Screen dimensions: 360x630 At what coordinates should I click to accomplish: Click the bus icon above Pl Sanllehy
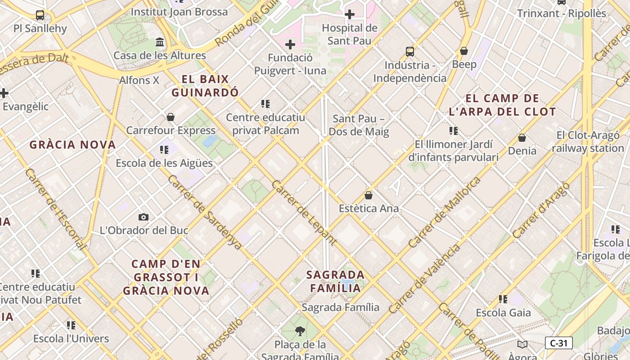pos(40,15)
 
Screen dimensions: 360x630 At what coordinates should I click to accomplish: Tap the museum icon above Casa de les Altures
pos(160,42)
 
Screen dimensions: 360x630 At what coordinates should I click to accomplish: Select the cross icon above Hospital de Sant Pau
pos(349,14)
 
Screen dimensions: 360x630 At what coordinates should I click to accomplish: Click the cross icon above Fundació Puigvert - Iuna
pos(290,45)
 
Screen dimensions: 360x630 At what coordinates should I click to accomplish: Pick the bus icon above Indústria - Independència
pos(409,52)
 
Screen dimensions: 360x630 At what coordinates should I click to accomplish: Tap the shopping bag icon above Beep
pos(464,51)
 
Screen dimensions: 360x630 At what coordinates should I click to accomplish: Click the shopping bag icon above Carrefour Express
pos(171,117)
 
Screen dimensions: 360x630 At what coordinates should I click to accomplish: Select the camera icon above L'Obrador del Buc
pos(144,217)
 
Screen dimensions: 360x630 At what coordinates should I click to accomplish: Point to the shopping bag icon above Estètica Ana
pos(369,195)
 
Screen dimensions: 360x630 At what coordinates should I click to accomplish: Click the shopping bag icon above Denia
pos(522,138)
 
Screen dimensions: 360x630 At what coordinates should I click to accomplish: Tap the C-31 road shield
pos(558,343)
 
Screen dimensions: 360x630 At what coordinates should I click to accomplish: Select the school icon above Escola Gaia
pos(503,299)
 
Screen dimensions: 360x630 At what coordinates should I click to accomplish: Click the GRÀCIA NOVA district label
pos(72,145)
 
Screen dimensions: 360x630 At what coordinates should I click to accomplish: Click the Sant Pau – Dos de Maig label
pos(359,126)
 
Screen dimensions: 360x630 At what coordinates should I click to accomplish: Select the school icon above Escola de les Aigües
pos(164,150)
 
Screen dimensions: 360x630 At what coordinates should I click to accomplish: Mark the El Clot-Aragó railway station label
pos(588,142)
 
